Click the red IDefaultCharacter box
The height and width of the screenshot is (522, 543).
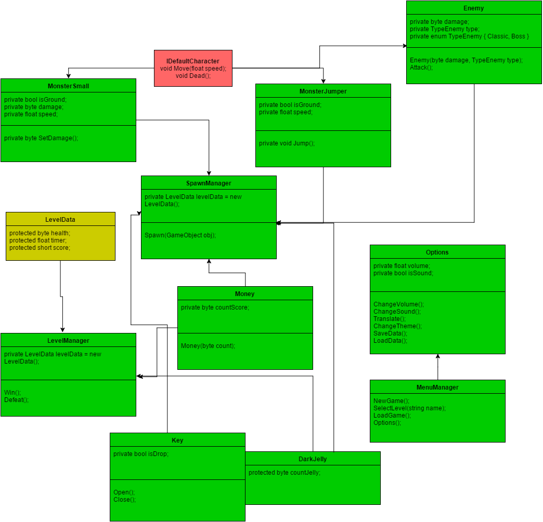(193, 68)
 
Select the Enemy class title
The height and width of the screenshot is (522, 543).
(473, 8)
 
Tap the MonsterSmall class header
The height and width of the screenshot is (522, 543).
(68, 86)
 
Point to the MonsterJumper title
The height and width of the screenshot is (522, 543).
(323, 91)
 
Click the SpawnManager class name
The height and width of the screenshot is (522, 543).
(209, 183)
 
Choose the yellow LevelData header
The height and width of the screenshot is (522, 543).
(60, 220)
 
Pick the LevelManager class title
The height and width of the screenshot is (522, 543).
(68, 341)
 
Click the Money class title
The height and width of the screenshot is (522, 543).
(245, 294)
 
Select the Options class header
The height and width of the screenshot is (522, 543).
(437, 252)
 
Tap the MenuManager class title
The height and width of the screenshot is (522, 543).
(437, 387)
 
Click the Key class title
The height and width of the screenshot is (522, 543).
(177, 440)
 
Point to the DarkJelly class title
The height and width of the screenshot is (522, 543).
(313, 459)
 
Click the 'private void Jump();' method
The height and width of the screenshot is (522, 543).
(287, 143)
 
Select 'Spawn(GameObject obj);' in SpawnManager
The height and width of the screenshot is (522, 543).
(180, 235)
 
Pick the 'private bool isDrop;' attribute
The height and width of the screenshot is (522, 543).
(141, 454)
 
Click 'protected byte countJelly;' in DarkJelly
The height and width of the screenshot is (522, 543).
(285, 473)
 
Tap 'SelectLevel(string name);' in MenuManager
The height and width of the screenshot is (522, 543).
(409, 408)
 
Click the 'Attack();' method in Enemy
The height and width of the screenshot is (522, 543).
(421, 68)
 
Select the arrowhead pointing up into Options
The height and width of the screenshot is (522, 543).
(438, 357)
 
